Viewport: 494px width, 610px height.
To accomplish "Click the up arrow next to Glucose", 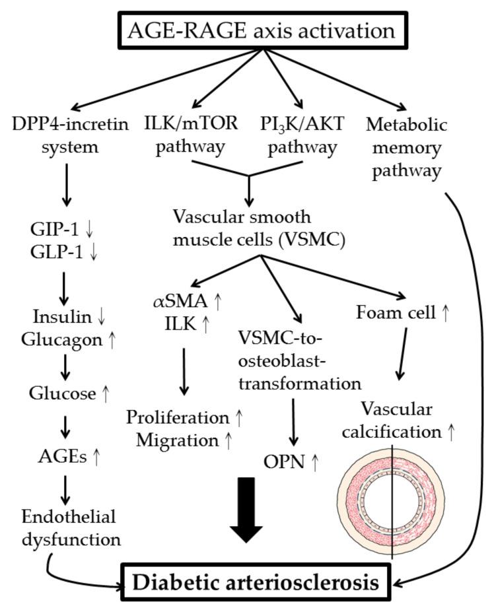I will pos(106,394).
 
